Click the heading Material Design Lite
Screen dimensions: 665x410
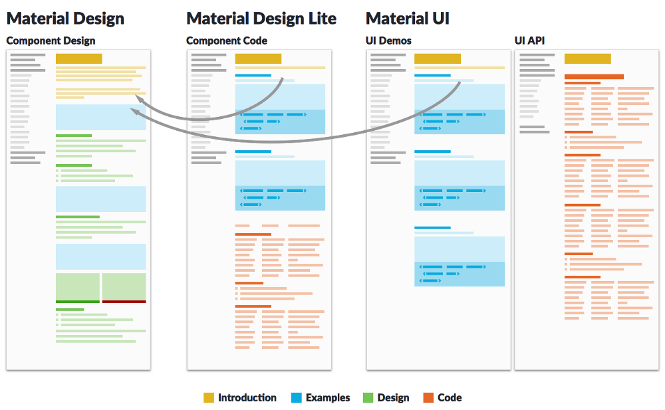(261, 19)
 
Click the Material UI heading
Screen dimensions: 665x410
(408, 19)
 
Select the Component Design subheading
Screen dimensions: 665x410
(51, 41)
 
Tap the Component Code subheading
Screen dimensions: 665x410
(227, 41)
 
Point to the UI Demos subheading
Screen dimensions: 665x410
(388, 41)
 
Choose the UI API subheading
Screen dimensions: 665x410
(529, 41)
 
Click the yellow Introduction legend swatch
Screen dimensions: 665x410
(209, 397)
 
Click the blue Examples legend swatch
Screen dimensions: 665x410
(297, 397)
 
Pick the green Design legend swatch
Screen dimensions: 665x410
(368, 397)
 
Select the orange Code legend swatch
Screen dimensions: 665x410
(428, 397)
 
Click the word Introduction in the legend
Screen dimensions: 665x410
(247, 397)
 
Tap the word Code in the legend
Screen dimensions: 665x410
(450, 397)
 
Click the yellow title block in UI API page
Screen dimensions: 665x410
(587, 58)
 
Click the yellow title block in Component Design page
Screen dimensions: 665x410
(79, 58)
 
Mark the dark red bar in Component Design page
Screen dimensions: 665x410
(124, 302)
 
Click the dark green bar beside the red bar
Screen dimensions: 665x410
(78, 302)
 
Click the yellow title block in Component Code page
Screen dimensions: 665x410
(258, 58)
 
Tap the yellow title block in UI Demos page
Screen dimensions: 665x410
(438, 58)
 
